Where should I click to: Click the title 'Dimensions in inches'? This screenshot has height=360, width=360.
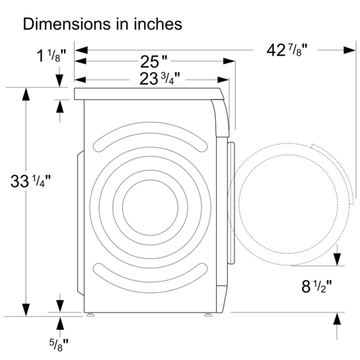tap(102, 24)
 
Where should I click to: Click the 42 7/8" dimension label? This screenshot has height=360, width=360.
tap(289, 50)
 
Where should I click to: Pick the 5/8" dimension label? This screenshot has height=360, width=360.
tap(58, 343)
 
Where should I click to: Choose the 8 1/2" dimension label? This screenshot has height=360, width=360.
tap(306, 287)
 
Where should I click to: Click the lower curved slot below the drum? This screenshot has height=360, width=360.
tap(151, 270)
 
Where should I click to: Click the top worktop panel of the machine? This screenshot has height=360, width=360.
tap(149, 94)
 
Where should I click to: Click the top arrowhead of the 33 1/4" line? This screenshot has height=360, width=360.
tap(26, 94)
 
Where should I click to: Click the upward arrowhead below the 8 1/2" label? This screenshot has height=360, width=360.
tap(337, 318)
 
